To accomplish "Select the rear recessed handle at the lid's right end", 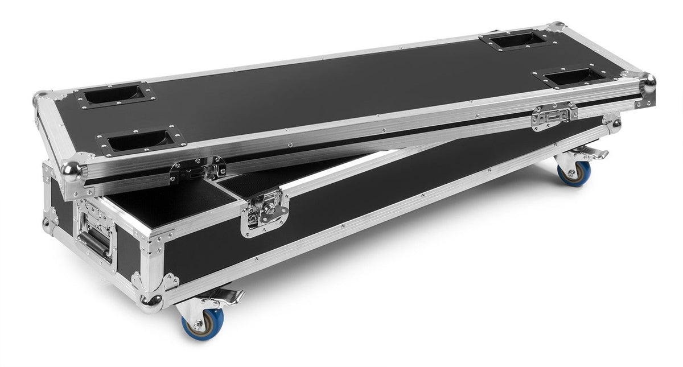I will [515, 40].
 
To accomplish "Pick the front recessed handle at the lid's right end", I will [573, 76].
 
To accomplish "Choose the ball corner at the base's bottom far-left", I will [46, 222].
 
